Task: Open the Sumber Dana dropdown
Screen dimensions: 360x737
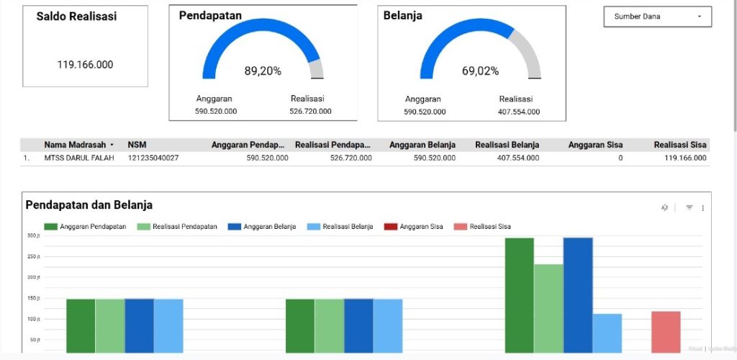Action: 657,17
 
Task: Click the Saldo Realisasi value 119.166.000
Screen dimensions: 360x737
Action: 85,65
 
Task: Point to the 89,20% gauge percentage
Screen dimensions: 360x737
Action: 263,71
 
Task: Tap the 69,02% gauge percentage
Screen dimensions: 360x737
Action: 480,71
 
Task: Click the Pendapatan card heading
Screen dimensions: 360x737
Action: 210,15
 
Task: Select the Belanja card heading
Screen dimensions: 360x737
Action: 403,15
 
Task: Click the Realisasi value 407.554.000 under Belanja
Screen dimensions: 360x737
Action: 519,112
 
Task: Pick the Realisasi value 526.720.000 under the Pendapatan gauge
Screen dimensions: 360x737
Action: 310,112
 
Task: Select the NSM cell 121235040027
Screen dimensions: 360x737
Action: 153,158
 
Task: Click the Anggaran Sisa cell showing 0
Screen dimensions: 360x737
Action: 620,158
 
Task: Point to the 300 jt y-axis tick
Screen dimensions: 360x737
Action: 33,235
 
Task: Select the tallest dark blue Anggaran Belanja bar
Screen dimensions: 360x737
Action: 578,295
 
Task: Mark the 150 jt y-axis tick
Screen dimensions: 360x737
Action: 33,298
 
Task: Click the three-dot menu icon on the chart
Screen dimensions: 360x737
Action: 702,208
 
